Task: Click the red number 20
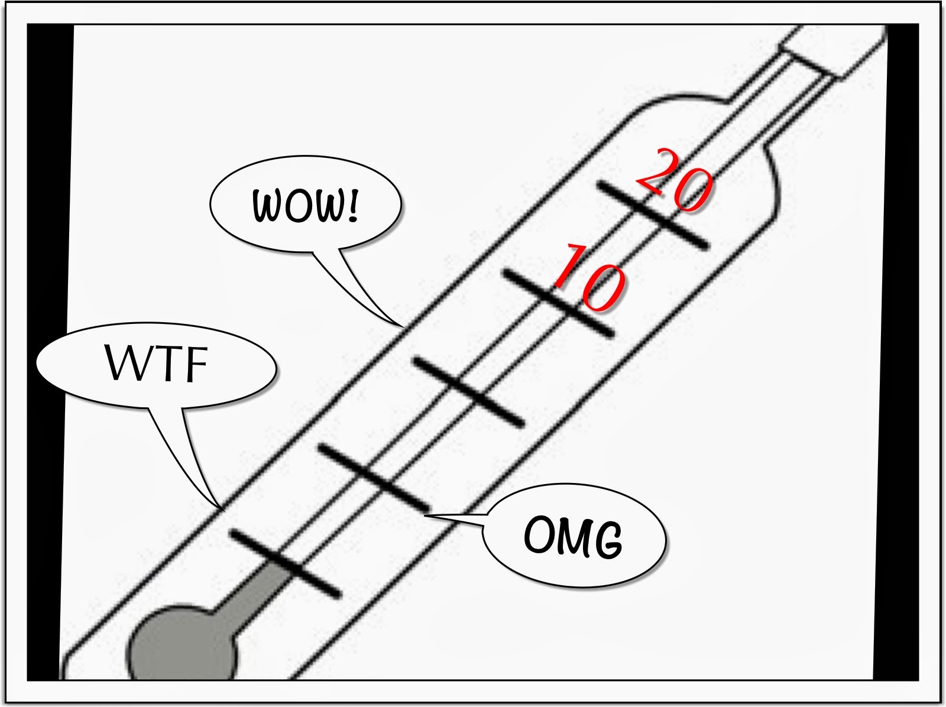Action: (x=673, y=181)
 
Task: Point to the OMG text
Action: (x=574, y=537)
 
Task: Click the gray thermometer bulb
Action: (x=181, y=643)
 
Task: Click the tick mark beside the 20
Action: (x=653, y=215)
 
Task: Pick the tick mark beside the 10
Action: (x=559, y=303)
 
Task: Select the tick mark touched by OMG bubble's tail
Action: (x=374, y=478)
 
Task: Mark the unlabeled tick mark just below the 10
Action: (x=469, y=391)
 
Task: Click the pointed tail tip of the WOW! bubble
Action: (x=403, y=326)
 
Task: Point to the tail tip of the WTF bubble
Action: (x=223, y=510)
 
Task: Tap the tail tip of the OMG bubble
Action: (x=425, y=514)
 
